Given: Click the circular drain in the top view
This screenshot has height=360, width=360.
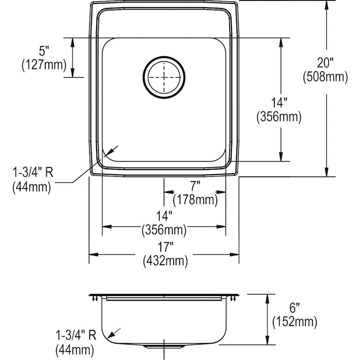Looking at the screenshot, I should tap(164, 77).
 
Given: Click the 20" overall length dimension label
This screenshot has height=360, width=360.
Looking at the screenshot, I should tap(325, 63).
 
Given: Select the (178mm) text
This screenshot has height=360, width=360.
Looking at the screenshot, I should tap(195, 199).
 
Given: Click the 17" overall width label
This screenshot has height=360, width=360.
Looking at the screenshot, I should tap(165, 248).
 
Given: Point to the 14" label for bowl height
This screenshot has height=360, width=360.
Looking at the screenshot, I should tap(279, 103).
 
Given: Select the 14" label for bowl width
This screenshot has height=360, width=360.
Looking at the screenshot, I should tap(164, 216).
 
